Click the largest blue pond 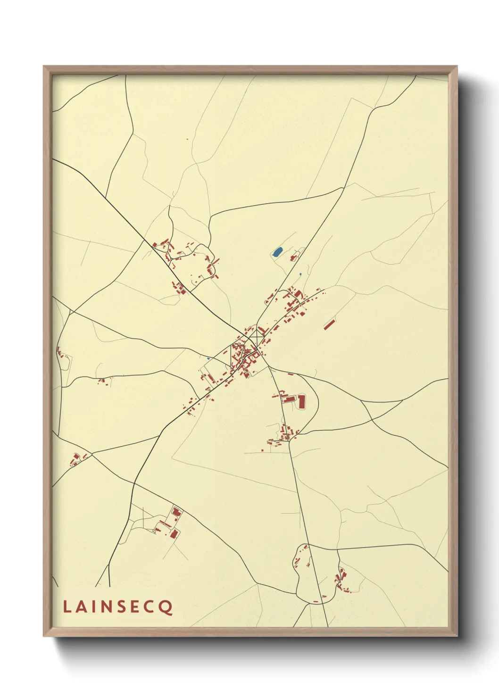pyautogui.click(x=277, y=251)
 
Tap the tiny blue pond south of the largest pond pyautogui.click(x=300, y=274)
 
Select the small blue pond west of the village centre pyautogui.click(x=208, y=358)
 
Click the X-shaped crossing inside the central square pyautogui.click(x=257, y=338)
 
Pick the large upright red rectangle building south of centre pyautogui.click(x=301, y=401)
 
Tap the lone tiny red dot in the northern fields pyautogui.click(x=187, y=139)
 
